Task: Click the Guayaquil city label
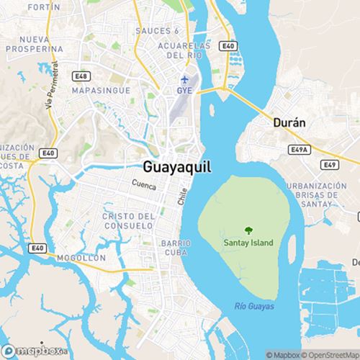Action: pyautogui.click(x=177, y=165)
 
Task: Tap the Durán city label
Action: pyautogui.click(x=290, y=122)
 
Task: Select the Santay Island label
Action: pyautogui.click(x=248, y=243)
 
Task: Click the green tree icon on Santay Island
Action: pyautogui.click(x=248, y=230)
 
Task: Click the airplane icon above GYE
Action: pyautogui.click(x=186, y=78)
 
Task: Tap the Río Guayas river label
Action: pyautogui.click(x=254, y=307)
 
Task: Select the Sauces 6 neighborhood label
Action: pyautogui.click(x=157, y=31)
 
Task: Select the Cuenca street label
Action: pyautogui.click(x=144, y=185)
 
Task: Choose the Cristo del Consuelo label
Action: pyautogui.click(x=129, y=221)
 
